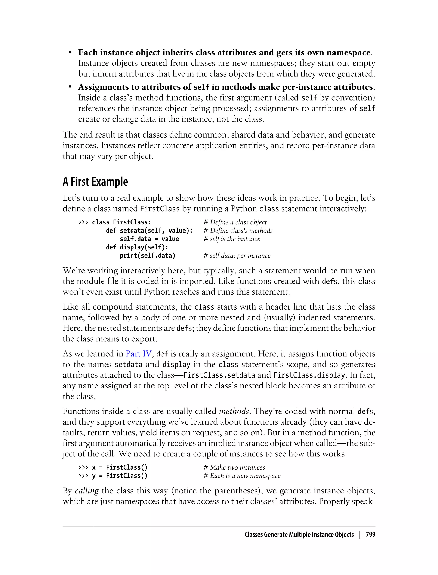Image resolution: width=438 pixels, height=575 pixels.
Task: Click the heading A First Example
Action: pos(95,182)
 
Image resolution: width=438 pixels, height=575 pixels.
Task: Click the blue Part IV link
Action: pos(138,354)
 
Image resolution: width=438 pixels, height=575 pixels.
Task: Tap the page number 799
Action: pos(370,535)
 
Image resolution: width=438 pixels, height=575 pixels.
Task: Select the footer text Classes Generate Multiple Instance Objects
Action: pos(299,535)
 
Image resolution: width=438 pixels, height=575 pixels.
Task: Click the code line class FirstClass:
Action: pos(121,222)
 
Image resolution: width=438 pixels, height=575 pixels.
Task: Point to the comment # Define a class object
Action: pos(235,222)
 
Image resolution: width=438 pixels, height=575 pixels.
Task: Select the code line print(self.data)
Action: pos(148,256)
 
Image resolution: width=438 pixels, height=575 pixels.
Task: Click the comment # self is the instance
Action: pos(232,239)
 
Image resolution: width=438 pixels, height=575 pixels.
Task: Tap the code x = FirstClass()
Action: pos(120,467)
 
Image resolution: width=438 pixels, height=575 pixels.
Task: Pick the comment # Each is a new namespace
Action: pos(242,476)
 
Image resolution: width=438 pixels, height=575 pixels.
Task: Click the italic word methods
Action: pos(234,411)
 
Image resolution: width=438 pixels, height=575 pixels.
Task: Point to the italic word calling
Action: pos(87,491)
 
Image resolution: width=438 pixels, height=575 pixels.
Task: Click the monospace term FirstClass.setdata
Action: pos(219,375)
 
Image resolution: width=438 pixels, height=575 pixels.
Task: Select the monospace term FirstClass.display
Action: pos(309,375)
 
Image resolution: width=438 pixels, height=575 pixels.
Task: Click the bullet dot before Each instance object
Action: pos(70,53)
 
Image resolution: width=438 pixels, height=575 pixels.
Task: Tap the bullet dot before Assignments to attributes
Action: pos(70,87)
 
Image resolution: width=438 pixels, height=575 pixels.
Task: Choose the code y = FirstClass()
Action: pos(120,476)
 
